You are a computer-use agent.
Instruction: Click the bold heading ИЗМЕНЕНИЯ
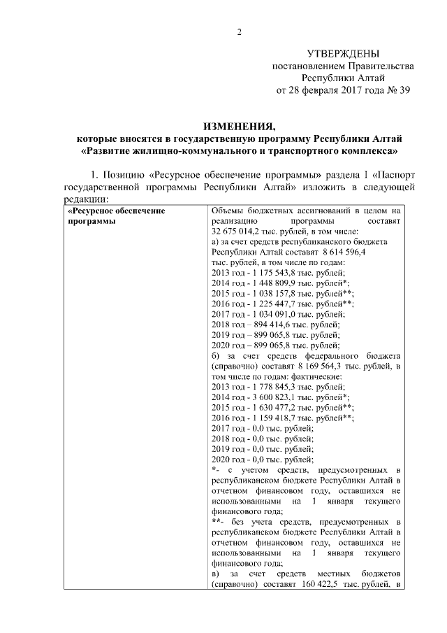pos(238,126)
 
